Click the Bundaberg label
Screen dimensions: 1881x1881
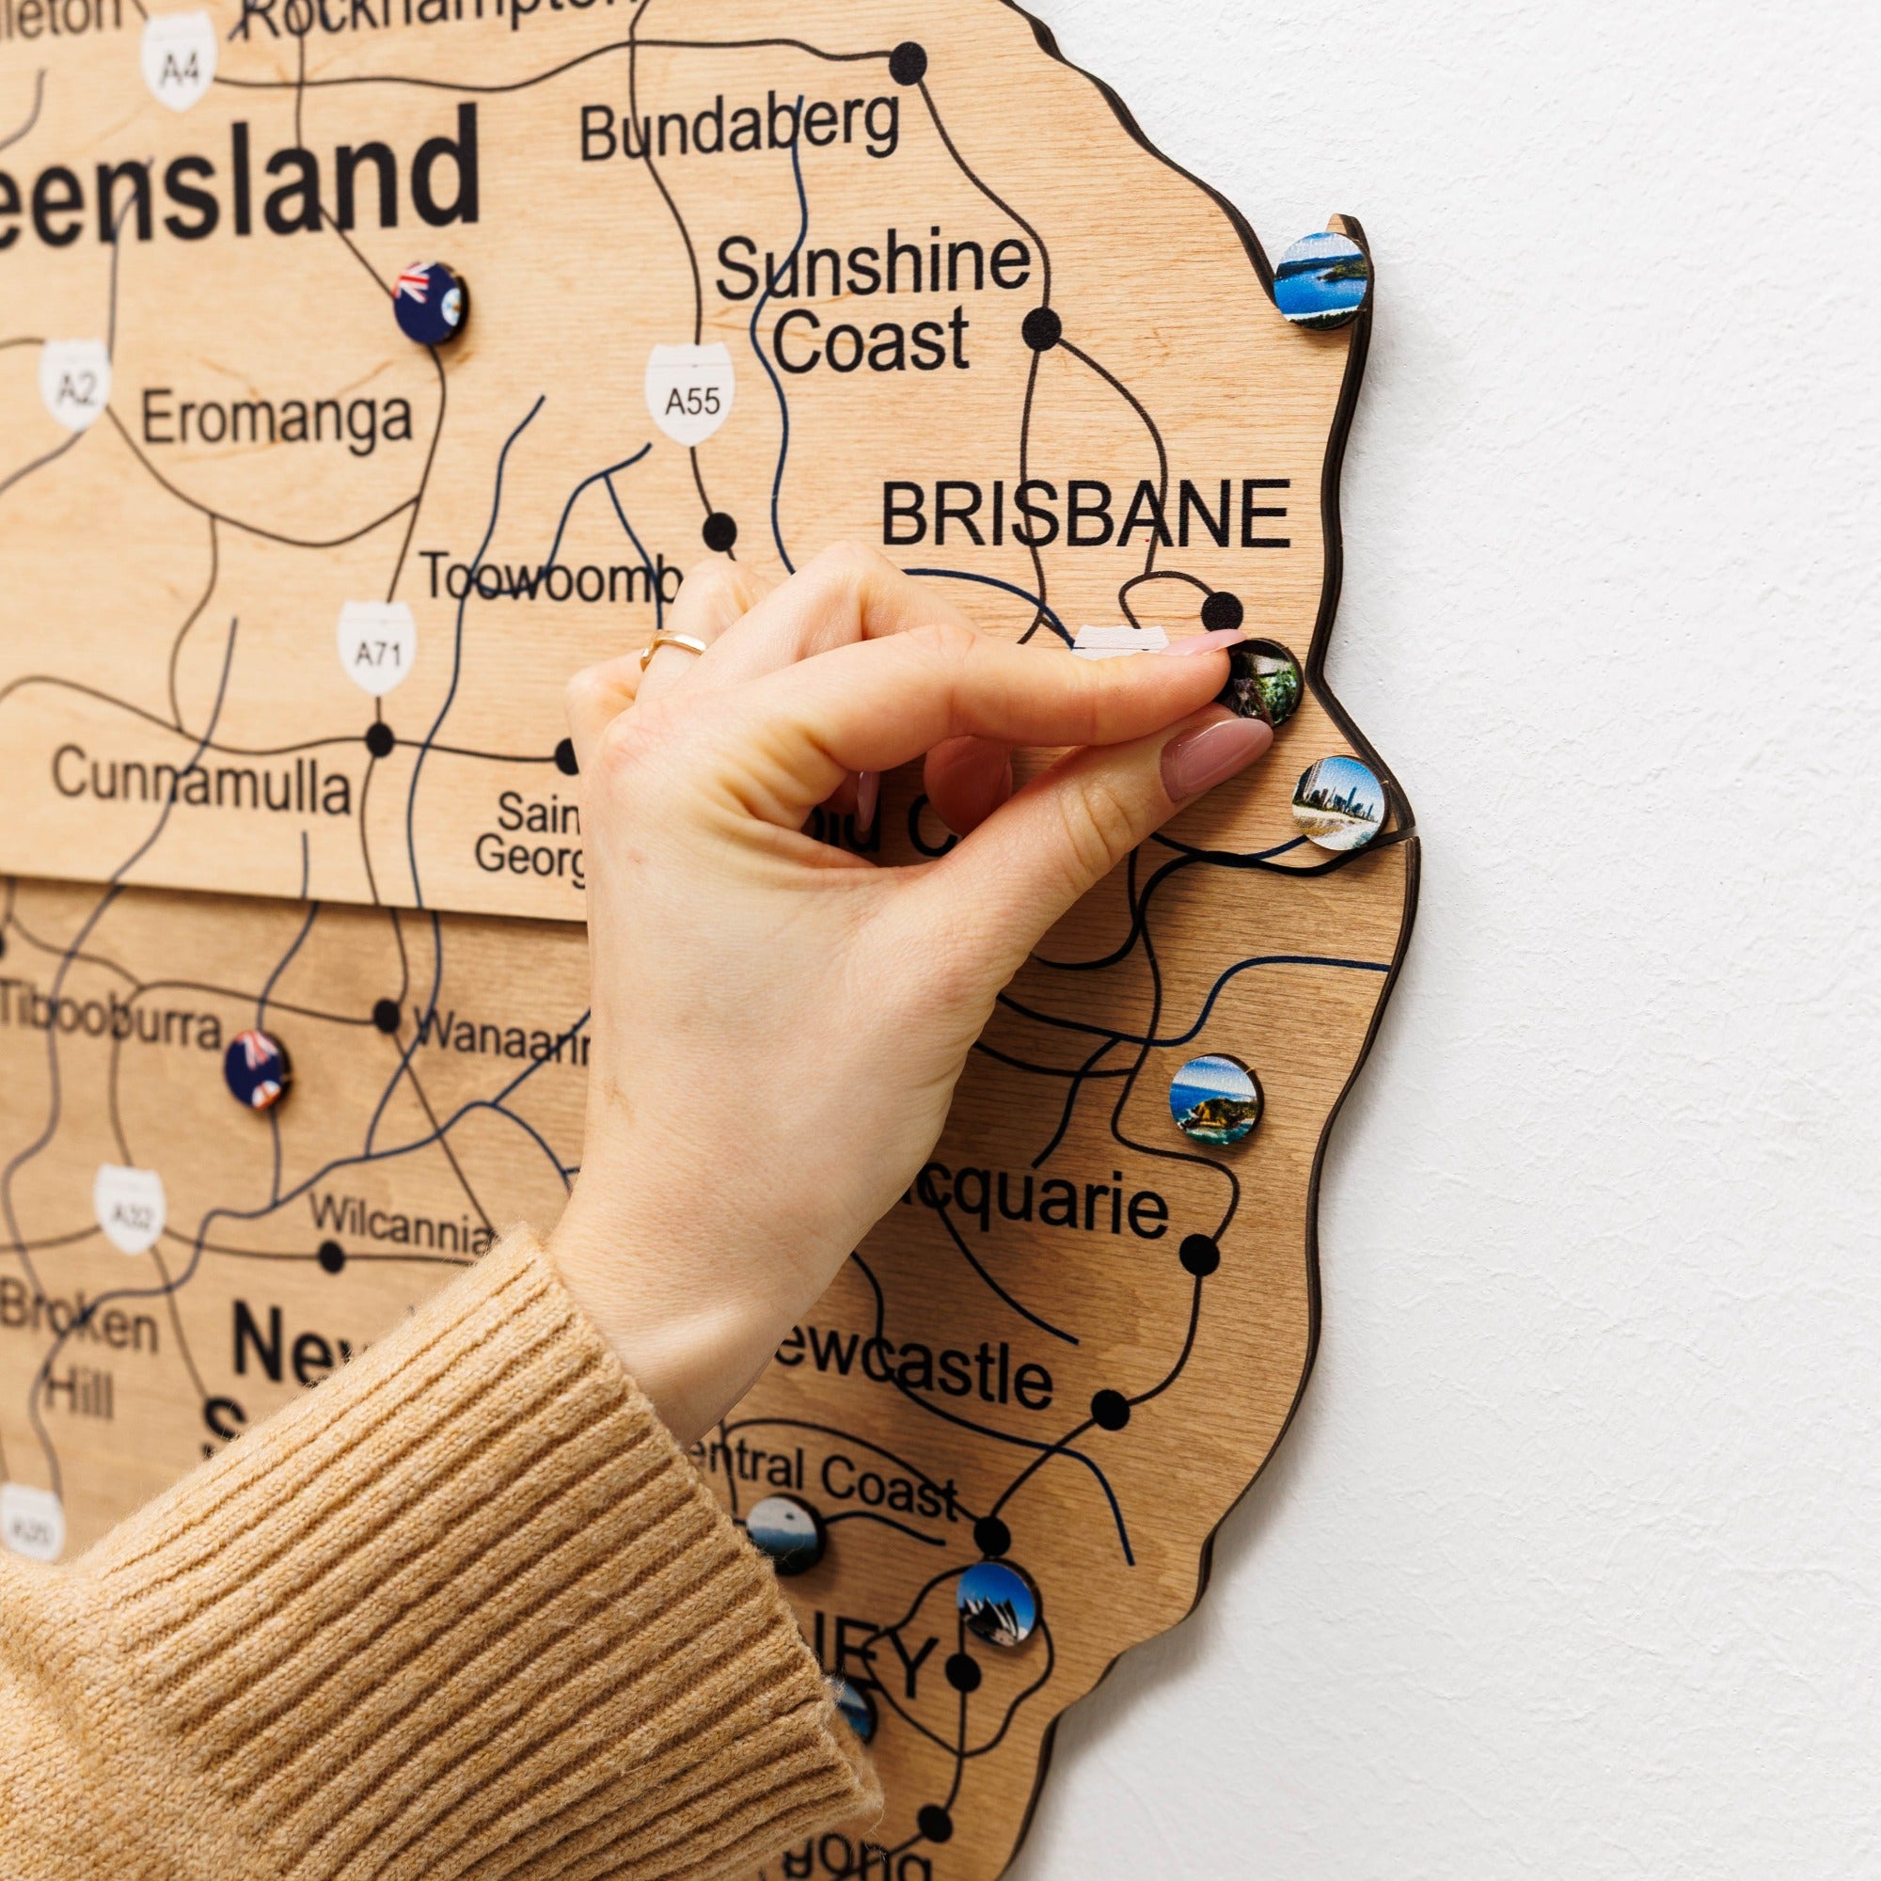[x=739, y=131]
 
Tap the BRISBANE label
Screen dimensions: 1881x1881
[x=1085, y=515]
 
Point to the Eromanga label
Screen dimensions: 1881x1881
[x=277, y=419]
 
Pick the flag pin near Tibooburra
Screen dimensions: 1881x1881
[x=256, y=1072]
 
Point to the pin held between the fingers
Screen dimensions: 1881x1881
[x=1264, y=681]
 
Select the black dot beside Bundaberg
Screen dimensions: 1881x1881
[x=908, y=60]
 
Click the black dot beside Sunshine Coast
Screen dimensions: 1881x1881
[x=1043, y=328]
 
